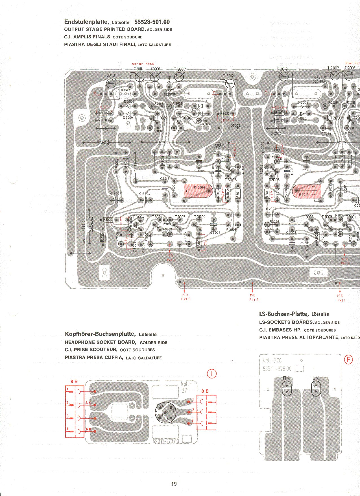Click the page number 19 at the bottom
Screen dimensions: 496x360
click(174, 484)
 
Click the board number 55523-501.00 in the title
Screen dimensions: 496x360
click(152, 22)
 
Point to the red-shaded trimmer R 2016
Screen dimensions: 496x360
click(307, 191)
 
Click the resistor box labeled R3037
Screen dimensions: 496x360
click(103, 143)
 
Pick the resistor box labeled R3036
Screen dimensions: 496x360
click(163, 142)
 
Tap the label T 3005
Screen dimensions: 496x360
click(231, 180)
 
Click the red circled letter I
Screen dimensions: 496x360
click(212, 374)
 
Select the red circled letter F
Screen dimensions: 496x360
click(349, 360)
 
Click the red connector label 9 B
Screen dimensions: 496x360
click(74, 382)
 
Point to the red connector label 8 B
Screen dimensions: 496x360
click(205, 391)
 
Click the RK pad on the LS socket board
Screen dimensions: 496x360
click(286, 388)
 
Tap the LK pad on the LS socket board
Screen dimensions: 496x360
click(316, 388)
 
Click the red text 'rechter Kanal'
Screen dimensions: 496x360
click(143, 64)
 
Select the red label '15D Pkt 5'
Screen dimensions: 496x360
click(186, 297)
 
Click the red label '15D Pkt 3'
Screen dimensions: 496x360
click(253, 297)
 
